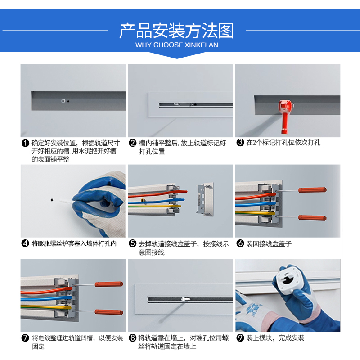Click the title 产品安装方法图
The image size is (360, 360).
(x=176, y=31)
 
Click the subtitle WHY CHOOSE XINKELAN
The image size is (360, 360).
(x=176, y=45)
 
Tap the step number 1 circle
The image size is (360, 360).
(x=25, y=143)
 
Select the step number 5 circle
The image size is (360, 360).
(x=133, y=243)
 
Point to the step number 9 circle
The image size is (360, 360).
(x=240, y=338)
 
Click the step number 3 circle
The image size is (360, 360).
(x=240, y=143)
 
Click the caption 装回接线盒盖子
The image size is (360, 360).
(x=269, y=243)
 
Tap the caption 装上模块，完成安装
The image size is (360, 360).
(x=275, y=338)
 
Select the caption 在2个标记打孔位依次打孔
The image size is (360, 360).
(x=283, y=143)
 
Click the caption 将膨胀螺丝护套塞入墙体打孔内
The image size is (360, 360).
(x=74, y=243)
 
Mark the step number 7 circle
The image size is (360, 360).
(x=25, y=338)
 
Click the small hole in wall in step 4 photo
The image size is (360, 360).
(x=53, y=198)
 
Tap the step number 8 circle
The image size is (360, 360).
(x=133, y=338)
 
